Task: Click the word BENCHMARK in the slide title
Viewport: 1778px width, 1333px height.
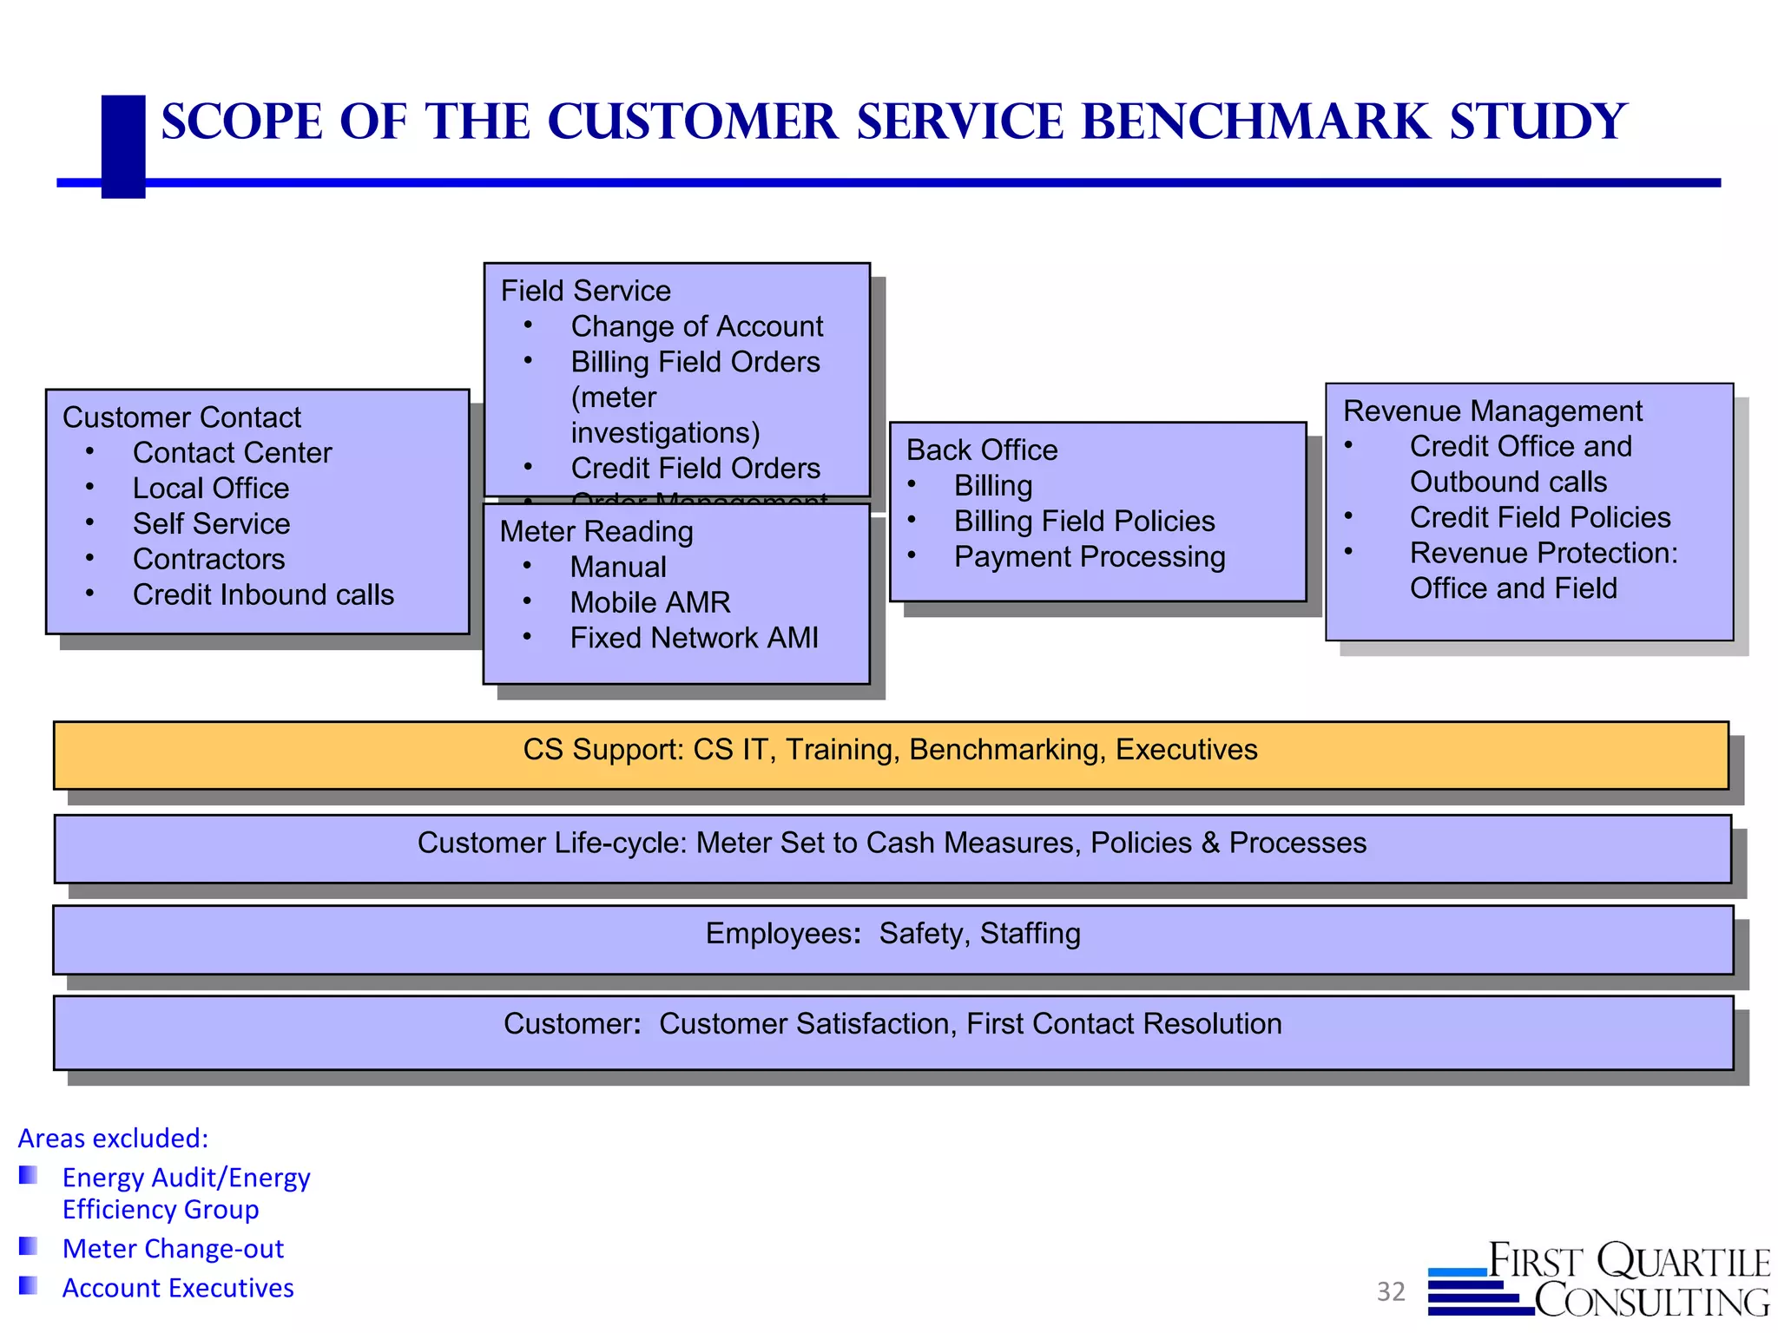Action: pyautogui.click(x=1254, y=121)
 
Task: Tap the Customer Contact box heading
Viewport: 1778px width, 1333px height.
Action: pyautogui.click(x=181, y=417)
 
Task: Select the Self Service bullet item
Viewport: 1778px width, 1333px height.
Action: pyautogui.click(x=211, y=524)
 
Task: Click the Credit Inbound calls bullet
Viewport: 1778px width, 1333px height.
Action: pyautogui.click(x=263, y=595)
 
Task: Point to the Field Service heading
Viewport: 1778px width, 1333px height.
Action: pyautogui.click(x=585, y=291)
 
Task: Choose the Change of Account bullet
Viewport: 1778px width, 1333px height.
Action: pyautogui.click(x=696, y=326)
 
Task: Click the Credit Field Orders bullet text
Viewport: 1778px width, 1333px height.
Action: pyautogui.click(x=695, y=469)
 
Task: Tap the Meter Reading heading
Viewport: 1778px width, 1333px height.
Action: pyautogui.click(x=596, y=532)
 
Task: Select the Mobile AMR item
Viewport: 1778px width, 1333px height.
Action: pyautogui.click(x=649, y=603)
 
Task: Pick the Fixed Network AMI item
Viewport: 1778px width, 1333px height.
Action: pyautogui.click(x=694, y=639)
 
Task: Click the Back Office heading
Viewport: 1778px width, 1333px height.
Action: pyautogui.click(x=982, y=450)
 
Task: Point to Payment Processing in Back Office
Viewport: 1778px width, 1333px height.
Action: pyautogui.click(x=1089, y=557)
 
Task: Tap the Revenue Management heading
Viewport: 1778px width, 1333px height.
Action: pyautogui.click(x=1492, y=411)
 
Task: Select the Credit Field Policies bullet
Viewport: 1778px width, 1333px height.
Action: pyautogui.click(x=1539, y=518)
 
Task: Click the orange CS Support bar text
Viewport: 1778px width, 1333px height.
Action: pyautogui.click(x=890, y=750)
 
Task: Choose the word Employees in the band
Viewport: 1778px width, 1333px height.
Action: pyautogui.click(x=780, y=934)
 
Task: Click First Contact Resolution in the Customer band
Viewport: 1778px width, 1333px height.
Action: pyautogui.click(x=1123, y=1024)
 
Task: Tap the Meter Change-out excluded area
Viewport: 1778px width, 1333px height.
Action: pyautogui.click(x=173, y=1249)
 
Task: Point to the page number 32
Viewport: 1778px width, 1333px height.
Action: pyautogui.click(x=1391, y=1292)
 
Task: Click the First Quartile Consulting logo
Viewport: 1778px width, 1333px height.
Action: pyautogui.click(x=1599, y=1280)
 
